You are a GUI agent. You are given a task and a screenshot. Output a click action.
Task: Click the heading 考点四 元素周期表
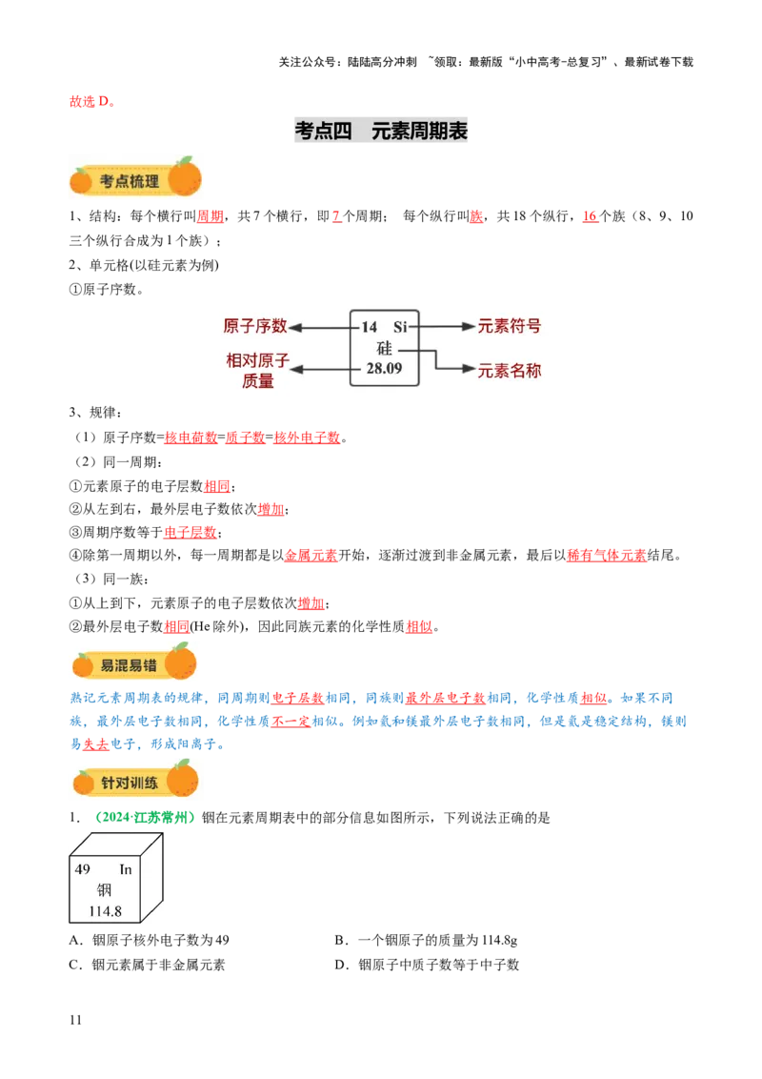[x=381, y=132]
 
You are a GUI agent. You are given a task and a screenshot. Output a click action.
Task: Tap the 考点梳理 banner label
[x=130, y=181]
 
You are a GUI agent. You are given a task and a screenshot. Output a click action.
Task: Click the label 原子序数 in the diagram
[x=254, y=326]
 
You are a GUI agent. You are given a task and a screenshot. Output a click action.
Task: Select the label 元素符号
[x=510, y=326]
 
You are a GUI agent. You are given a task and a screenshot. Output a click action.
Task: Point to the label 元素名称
[x=510, y=370]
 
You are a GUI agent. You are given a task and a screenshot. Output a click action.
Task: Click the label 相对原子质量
[x=257, y=371]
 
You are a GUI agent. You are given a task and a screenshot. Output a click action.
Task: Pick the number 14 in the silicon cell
[x=369, y=327]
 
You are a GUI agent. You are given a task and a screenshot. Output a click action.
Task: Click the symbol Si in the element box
[x=400, y=327]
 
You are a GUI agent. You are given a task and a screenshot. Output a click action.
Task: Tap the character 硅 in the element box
[x=383, y=348]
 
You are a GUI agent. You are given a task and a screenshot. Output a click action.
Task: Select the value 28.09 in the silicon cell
[x=384, y=368]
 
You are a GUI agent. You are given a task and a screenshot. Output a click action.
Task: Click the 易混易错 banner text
[x=130, y=665]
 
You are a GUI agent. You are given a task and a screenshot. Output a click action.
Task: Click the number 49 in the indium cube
[x=82, y=869]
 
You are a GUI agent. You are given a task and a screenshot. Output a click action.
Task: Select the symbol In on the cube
[x=126, y=869]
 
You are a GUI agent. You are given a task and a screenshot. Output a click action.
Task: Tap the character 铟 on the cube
[x=104, y=890]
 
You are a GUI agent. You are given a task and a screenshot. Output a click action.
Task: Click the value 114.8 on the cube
[x=105, y=911]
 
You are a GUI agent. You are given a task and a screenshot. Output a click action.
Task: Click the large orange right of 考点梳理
[x=185, y=177]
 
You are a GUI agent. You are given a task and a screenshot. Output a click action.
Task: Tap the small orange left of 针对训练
[x=84, y=784]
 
